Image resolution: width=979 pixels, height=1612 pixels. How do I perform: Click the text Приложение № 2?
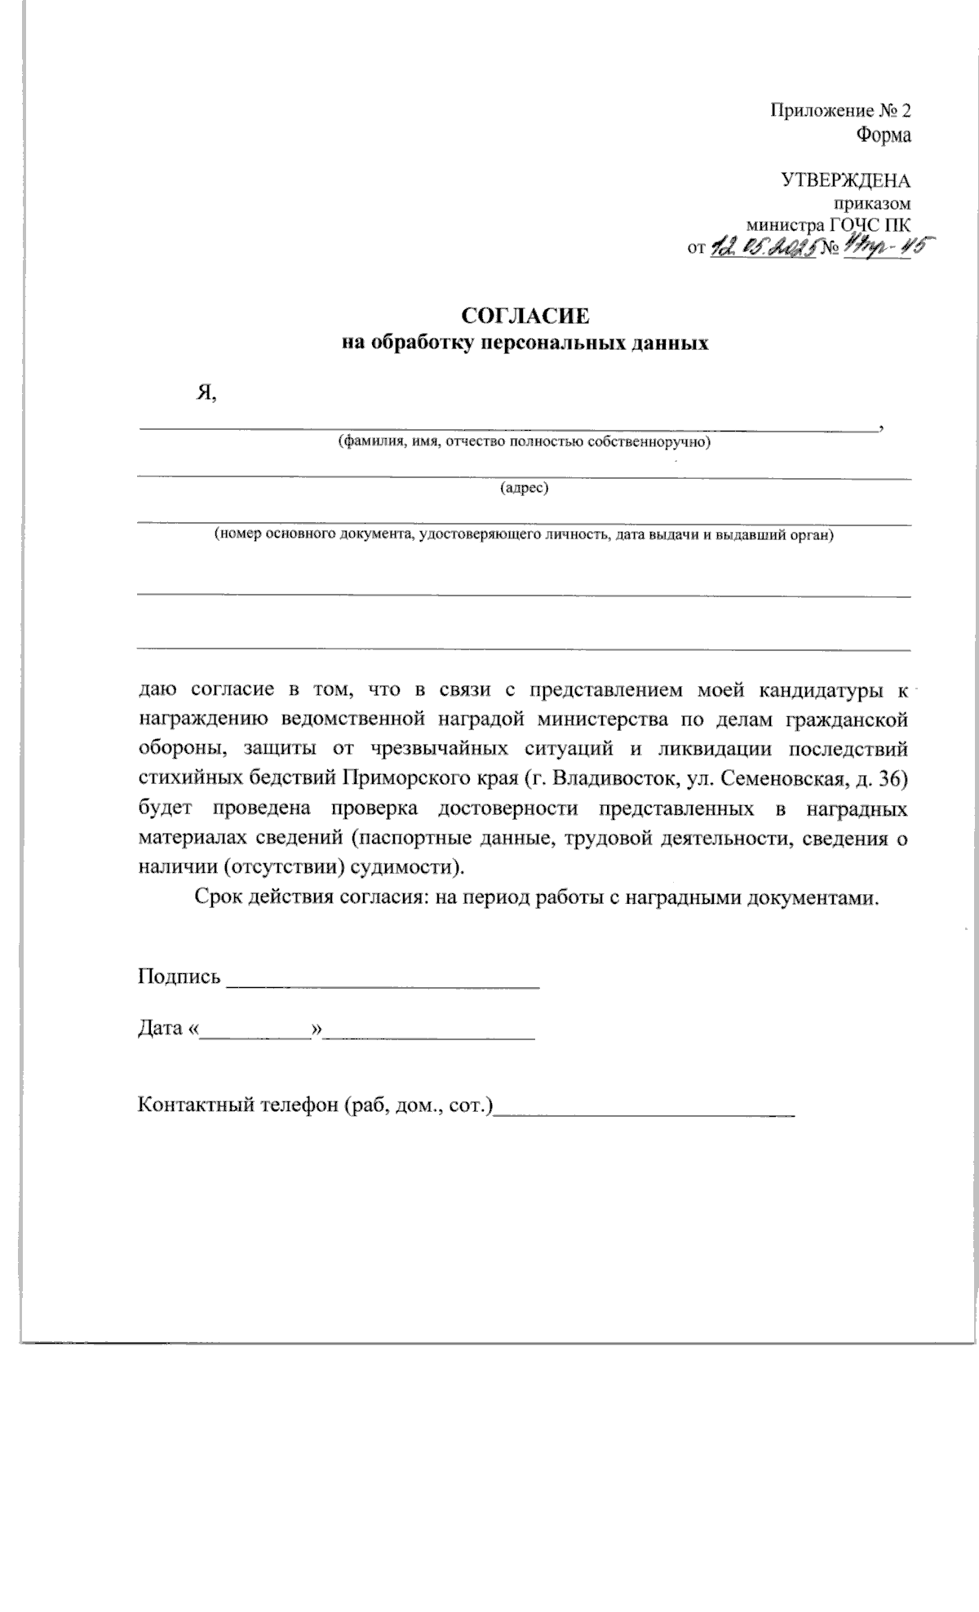coord(840,111)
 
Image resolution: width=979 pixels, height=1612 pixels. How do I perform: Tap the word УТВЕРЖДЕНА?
coord(845,180)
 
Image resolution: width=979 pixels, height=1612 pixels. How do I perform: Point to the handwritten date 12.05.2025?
coord(763,246)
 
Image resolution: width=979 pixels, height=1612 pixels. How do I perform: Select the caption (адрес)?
coord(524,489)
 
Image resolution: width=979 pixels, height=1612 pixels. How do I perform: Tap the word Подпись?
coord(179,976)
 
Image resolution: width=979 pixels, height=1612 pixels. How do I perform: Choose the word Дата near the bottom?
coord(160,1028)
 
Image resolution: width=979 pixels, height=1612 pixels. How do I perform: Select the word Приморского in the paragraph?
coord(398,780)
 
